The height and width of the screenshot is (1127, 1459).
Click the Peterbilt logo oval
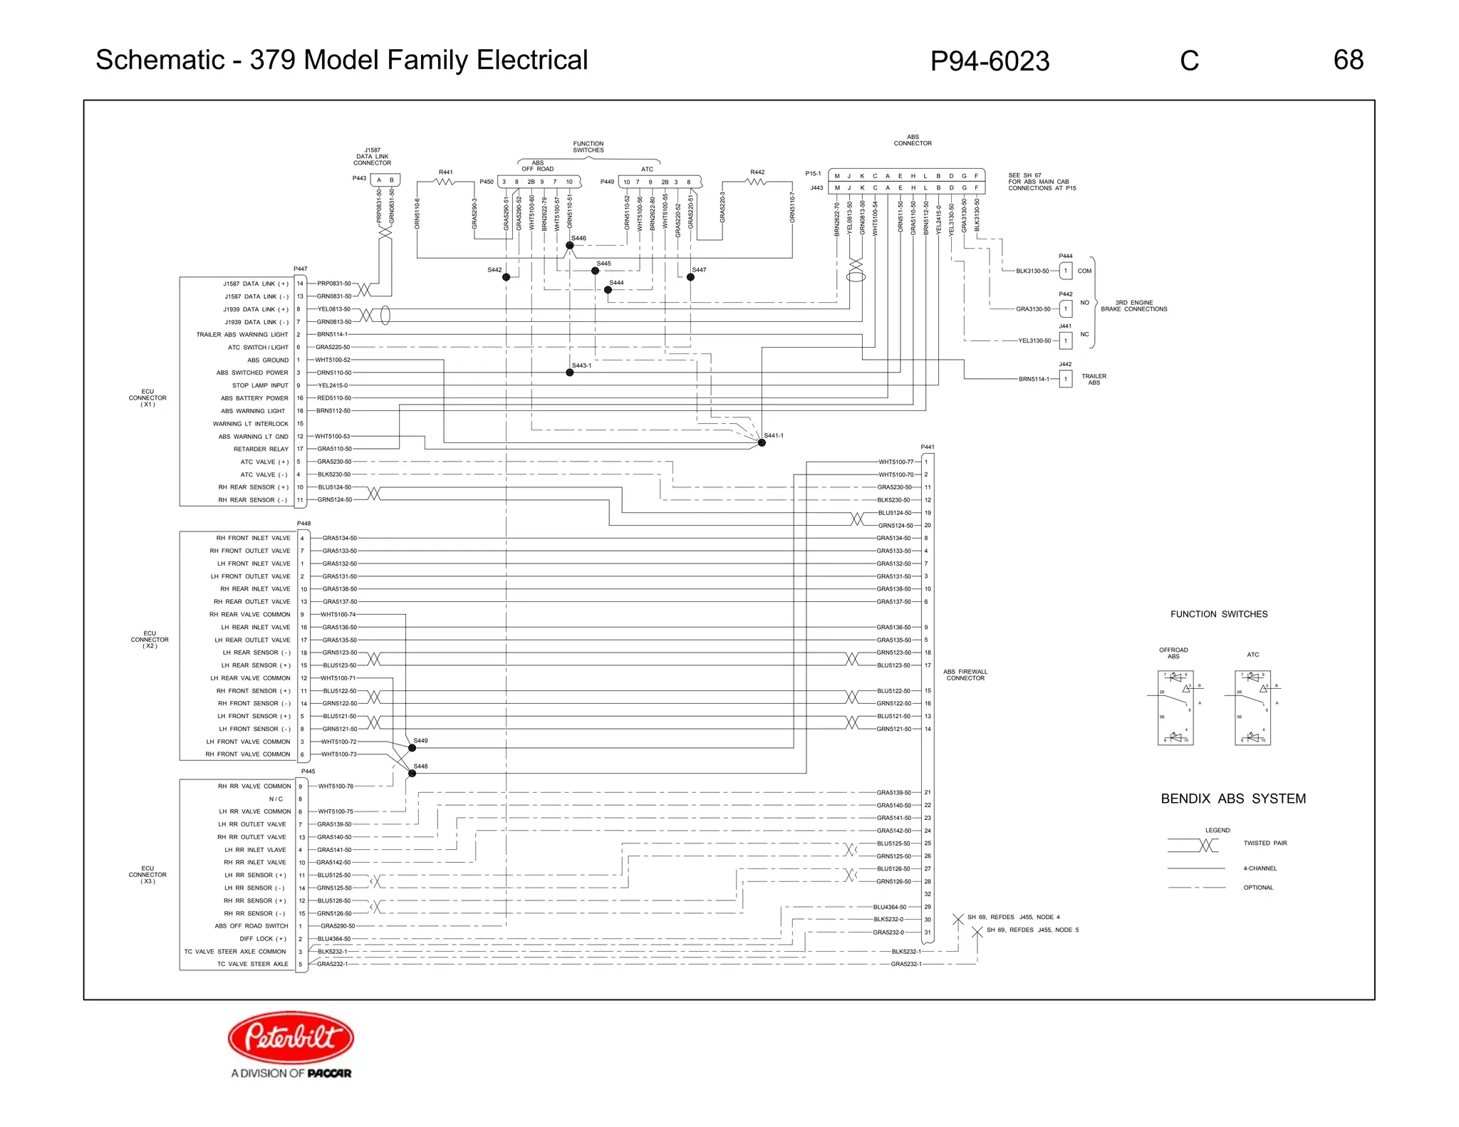coord(291,1037)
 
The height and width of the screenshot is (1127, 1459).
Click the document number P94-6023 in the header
coord(989,61)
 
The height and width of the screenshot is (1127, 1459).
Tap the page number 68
coord(1348,60)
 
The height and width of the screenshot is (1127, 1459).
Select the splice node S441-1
coord(762,442)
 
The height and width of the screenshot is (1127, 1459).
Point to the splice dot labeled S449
coord(412,747)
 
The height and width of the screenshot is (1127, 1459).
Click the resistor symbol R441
coord(445,182)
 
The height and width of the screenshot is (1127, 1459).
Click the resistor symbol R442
coord(757,182)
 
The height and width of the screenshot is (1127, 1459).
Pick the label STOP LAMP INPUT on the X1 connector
coord(260,385)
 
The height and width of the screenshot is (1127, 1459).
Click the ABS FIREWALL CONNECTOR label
coord(965,675)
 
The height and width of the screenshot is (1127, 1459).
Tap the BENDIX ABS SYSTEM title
coord(1232,799)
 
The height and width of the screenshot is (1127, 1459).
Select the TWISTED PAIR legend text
coord(1265,843)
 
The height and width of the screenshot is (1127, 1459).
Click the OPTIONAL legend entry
coord(1257,888)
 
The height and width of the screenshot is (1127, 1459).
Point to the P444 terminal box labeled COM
coord(1065,271)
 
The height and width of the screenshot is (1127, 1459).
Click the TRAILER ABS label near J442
coord(1094,379)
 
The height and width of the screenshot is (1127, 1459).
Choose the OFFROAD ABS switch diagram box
coord(1175,707)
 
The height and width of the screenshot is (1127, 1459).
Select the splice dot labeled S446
coord(569,245)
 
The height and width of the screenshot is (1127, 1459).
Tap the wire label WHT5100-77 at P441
coord(895,462)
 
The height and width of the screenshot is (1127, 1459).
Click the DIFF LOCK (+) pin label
coord(262,939)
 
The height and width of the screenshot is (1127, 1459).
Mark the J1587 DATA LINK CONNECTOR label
coord(372,157)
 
